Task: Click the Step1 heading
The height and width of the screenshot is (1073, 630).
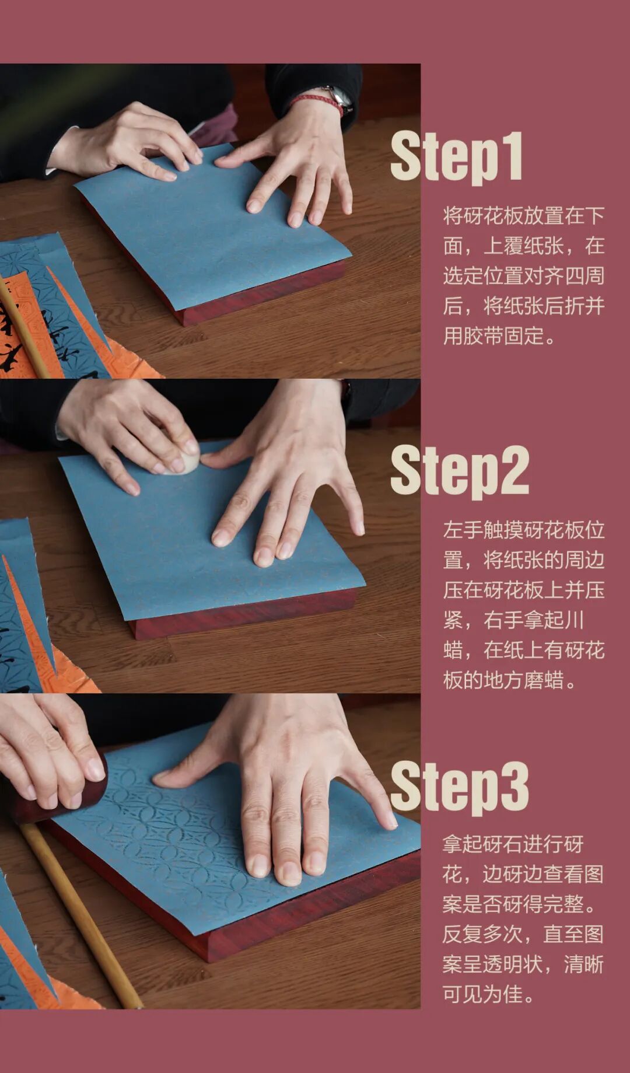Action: click(456, 156)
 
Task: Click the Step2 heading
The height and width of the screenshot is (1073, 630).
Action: click(460, 471)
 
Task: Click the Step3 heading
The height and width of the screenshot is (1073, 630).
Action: click(460, 787)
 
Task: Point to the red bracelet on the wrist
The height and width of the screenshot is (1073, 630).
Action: click(318, 102)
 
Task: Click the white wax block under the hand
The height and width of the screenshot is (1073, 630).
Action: click(184, 462)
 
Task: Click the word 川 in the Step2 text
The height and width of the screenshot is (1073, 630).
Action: click(574, 620)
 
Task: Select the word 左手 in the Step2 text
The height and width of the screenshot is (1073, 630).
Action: click(463, 530)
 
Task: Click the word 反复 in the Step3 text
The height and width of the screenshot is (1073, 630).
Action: click(463, 934)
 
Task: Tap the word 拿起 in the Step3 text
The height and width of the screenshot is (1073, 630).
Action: click(463, 844)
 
